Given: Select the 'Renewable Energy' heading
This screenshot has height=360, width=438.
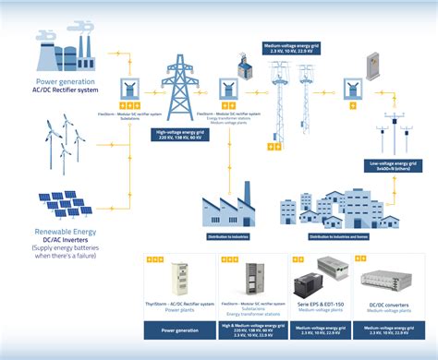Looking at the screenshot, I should [57, 231].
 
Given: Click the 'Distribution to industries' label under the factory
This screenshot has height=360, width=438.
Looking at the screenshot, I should [227, 236].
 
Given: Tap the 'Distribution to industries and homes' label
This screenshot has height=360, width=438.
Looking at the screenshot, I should [336, 237].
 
